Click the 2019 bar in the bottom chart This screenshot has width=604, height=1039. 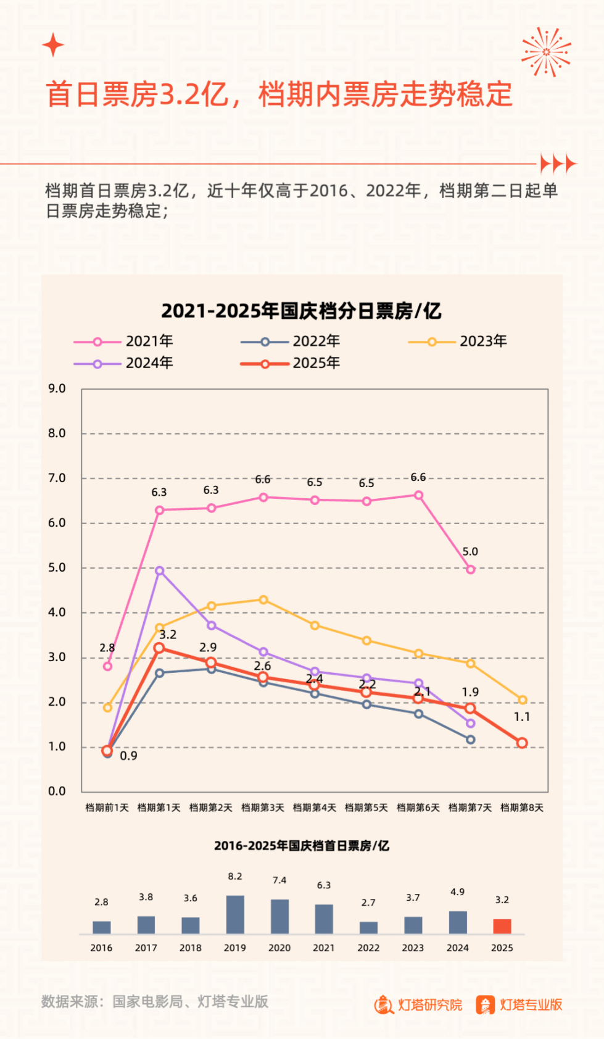click(x=235, y=914)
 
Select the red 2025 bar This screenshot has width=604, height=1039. click(x=502, y=926)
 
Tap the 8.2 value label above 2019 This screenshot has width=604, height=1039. click(x=235, y=877)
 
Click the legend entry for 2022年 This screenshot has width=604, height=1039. click(x=290, y=341)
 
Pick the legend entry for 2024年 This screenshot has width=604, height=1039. click(x=123, y=364)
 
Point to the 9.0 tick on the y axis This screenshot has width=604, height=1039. click(x=57, y=388)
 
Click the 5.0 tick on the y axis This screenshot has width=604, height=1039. click(x=57, y=567)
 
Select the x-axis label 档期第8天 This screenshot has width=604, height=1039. click(x=522, y=807)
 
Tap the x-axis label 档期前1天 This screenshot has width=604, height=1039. click(x=107, y=807)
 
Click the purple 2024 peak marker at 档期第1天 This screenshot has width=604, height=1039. click(x=160, y=571)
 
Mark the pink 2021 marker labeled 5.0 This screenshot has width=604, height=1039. click(x=471, y=569)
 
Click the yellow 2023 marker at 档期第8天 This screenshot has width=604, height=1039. click(x=523, y=700)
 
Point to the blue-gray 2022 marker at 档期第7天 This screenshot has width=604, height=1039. click(x=471, y=740)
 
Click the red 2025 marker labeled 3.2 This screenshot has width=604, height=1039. click(x=159, y=648)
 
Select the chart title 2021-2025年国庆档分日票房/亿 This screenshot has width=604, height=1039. click(x=301, y=311)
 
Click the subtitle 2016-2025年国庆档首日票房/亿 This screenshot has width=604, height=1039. click(x=302, y=846)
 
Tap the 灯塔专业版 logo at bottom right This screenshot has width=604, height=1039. click(x=519, y=1004)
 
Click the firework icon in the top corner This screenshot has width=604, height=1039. click(x=546, y=52)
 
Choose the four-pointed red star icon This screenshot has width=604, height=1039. click(x=53, y=45)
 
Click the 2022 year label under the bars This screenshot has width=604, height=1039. click(x=368, y=948)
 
